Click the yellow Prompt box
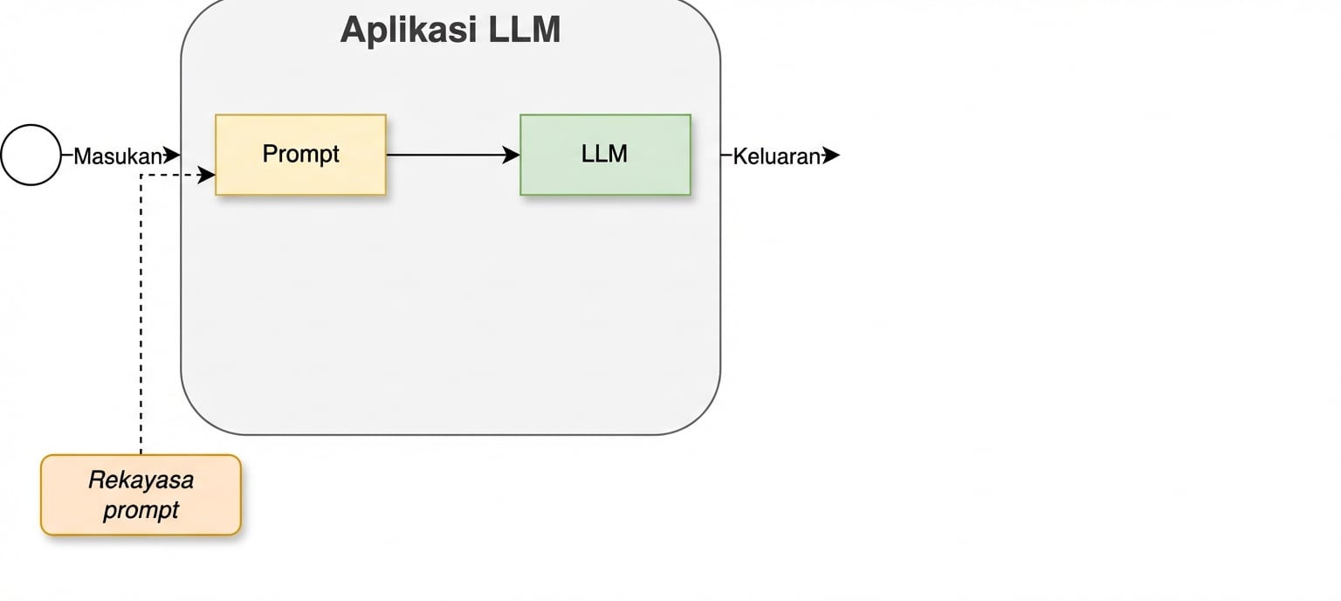pyautogui.click(x=300, y=155)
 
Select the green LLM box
pyautogui.click(x=605, y=155)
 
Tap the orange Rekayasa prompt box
pyautogui.click(x=141, y=495)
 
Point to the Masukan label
pyautogui.click(x=118, y=156)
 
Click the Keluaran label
pyautogui.click(x=776, y=156)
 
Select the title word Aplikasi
pyautogui.click(x=409, y=30)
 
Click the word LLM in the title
pyautogui.click(x=525, y=30)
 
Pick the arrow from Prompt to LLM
pyautogui.click(x=453, y=155)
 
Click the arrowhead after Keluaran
pyautogui.click(x=831, y=155)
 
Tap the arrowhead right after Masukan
pyautogui.click(x=171, y=155)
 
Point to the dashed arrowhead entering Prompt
pyautogui.click(x=206, y=175)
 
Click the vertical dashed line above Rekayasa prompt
pyautogui.click(x=141, y=314)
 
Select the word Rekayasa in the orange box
pyautogui.click(x=141, y=480)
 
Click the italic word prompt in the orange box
pyautogui.click(x=141, y=510)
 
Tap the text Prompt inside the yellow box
pyautogui.click(x=300, y=154)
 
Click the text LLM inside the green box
pyautogui.click(x=605, y=154)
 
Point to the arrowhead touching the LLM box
pyautogui.click(x=511, y=155)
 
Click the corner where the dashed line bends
pyautogui.click(x=141, y=175)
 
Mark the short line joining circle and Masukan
pyautogui.click(x=67, y=155)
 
